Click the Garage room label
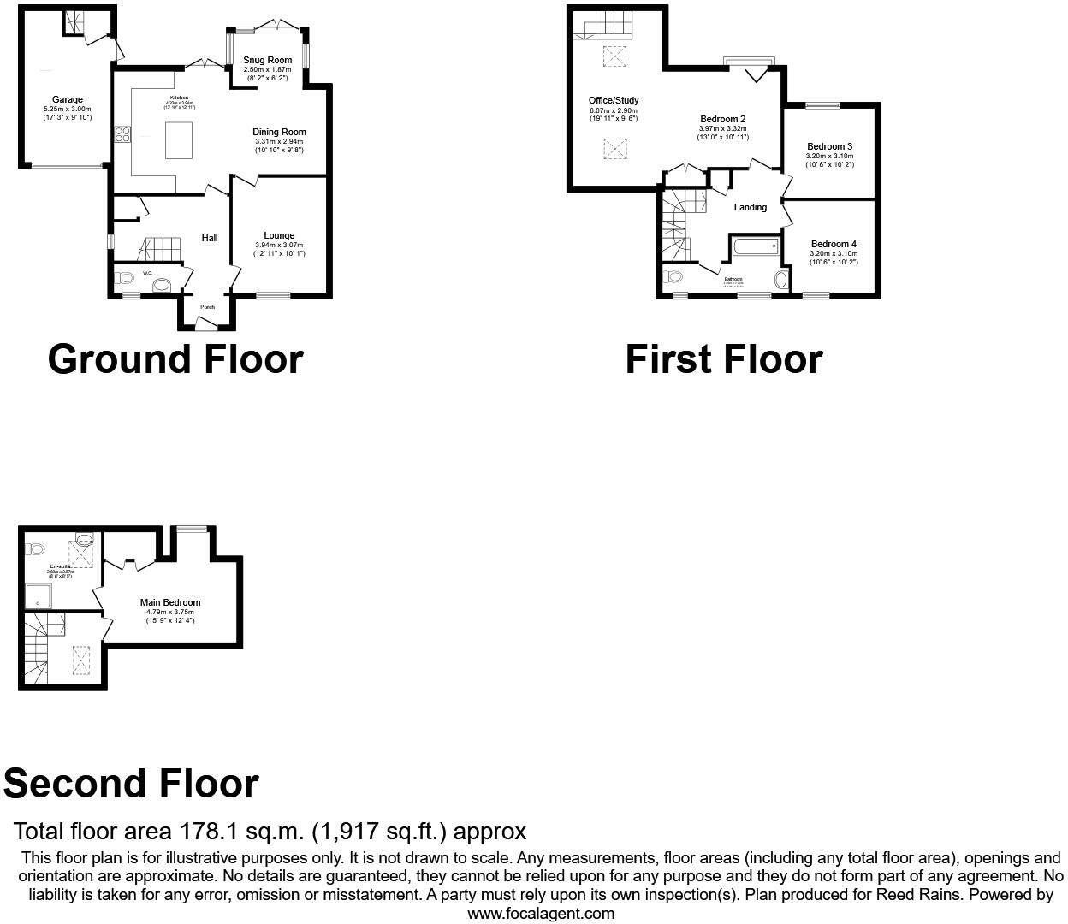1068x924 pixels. (68, 100)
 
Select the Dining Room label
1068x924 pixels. (279, 132)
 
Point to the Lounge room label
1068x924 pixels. (279, 235)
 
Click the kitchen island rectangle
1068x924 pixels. (179, 140)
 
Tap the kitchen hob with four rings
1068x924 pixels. (122, 133)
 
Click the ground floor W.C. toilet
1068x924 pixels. (124, 277)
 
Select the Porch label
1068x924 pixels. (207, 307)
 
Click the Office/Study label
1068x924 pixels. (614, 101)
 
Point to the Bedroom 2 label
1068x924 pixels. (723, 119)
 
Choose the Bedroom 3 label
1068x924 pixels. (829, 146)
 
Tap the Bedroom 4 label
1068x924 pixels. (834, 244)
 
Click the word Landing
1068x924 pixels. (751, 207)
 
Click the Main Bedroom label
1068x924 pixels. (170, 602)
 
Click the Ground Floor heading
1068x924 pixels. (175, 359)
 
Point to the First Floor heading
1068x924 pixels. (724, 359)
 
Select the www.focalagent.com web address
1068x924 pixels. (541, 913)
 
